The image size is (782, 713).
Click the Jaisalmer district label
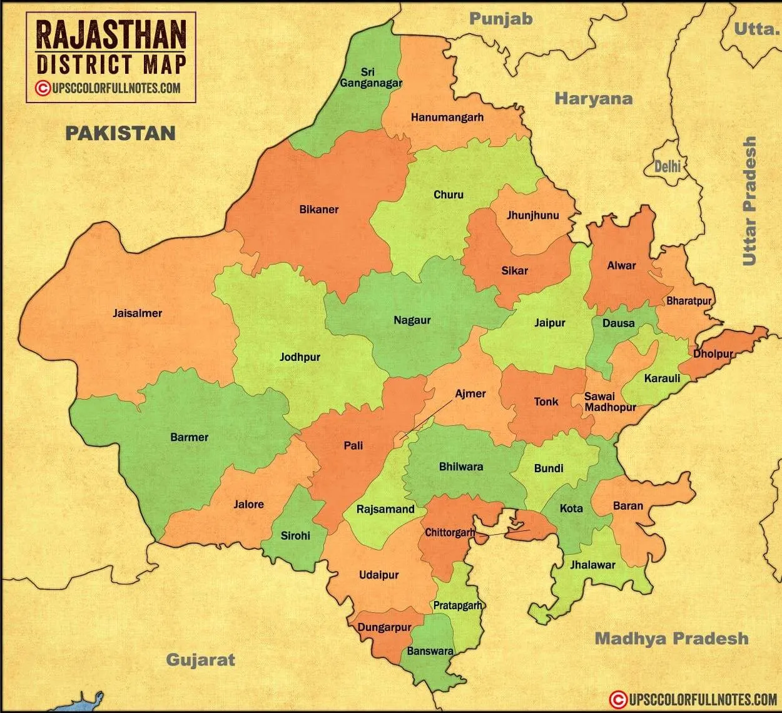pyautogui.click(x=137, y=313)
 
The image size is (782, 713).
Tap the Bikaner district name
pyautogui.click(x=318, y=210)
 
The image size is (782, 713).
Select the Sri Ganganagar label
pyautogui.click(x=370, y=78)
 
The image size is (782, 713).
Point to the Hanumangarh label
pyautogui.click(x=447, y=117)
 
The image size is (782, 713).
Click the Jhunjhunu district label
pyautogui.click(x=532, y=216)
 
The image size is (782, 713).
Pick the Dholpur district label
pyautogui.click(x=713, y=354)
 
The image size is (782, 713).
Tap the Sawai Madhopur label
pyautogui.click(x=609, y=402)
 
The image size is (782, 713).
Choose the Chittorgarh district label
pyautogui.click(x=450, y=533)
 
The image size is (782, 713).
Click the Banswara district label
pyautogui.click(x=430, y=651)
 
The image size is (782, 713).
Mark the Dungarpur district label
pyautogui.click(x=384, y=627)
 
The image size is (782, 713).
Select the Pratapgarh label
pyautogui.click(x=458, y=605)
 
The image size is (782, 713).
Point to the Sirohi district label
pyautogui.click(x=295, y=535)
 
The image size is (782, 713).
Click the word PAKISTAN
pyautogui.click(x=121, y=133)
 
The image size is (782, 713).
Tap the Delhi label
pyautogui.click(x=667, y=167)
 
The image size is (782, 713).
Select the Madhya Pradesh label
pyautogui.click(x=671, y=639)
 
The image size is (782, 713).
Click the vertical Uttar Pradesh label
pyautogui.click(x=749, y=201)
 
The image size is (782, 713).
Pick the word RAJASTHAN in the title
pyautogui.click(x=111, y=34)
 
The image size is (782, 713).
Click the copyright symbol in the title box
pyautogui.click(x=43, y=88)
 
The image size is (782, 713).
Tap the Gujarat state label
pyautogui.click(x=200, y=660)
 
